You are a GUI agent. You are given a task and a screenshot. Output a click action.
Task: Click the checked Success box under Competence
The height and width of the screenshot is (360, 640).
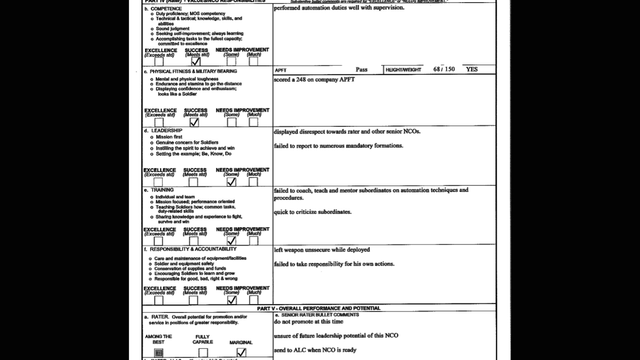196,61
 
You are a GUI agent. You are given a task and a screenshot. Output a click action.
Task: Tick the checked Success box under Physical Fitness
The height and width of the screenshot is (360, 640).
194,122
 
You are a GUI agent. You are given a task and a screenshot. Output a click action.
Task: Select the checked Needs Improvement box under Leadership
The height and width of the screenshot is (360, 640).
231,182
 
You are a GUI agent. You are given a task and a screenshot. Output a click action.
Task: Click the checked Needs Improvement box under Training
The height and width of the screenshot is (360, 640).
231,241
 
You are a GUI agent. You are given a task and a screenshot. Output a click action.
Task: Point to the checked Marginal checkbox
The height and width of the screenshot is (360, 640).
241,353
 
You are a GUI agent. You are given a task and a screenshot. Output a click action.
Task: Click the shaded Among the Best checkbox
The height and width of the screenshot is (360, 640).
158,353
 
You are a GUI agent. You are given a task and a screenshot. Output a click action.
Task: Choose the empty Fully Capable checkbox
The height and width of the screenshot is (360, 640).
203,353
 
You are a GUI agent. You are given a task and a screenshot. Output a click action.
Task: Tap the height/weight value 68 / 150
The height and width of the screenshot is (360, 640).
444,69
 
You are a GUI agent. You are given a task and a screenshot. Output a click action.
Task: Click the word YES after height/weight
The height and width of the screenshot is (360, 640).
471,69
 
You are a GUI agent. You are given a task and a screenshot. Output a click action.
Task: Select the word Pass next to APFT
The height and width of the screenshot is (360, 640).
362,69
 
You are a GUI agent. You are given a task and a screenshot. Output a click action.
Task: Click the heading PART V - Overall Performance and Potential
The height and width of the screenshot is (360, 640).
318,308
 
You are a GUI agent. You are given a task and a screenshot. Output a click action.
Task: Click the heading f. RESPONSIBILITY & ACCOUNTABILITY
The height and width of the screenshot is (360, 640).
190,249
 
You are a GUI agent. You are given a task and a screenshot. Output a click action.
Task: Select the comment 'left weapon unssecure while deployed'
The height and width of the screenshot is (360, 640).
322,250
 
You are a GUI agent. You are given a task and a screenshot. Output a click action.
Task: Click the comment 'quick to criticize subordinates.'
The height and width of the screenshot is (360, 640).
313,212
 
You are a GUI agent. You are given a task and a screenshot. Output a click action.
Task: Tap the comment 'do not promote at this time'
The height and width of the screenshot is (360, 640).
309,322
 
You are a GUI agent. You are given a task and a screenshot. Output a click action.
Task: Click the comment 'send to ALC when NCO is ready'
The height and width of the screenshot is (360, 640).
315,350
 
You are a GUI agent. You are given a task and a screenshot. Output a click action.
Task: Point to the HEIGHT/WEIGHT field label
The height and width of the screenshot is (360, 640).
403,70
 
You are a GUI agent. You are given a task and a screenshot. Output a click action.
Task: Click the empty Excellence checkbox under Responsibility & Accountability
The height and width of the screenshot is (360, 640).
158,300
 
